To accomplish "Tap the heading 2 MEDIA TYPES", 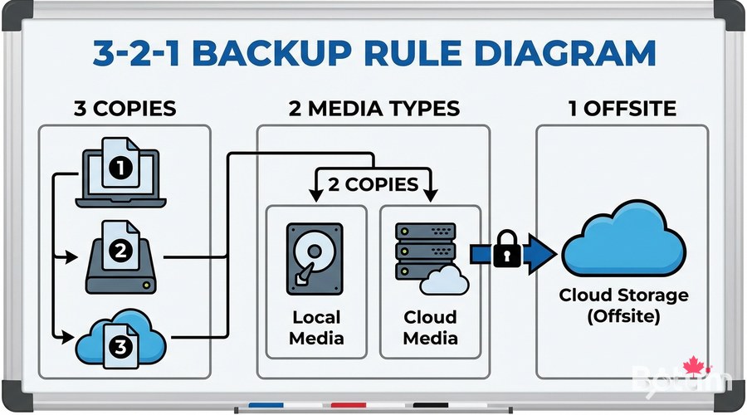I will coord(373,108).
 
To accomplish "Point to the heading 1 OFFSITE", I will coord(622,108).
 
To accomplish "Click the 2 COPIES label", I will coord(373,183).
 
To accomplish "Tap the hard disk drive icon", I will coord(315,258).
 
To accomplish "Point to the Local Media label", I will coord(316,328).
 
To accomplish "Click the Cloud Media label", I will coord(430,328).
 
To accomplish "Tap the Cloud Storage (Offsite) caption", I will coord(623,305).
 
